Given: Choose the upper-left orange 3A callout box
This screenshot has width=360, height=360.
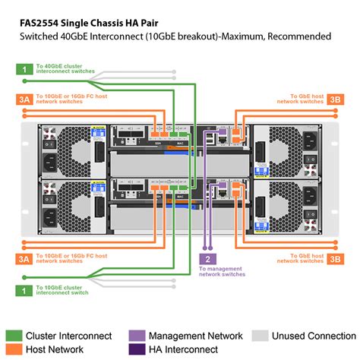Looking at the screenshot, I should (25, 99).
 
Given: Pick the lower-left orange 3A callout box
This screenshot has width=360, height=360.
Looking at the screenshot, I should (25, 260).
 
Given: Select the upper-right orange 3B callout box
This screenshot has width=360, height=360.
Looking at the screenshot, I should (334, 99).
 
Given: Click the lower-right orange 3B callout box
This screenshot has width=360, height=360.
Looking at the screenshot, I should (334, 260).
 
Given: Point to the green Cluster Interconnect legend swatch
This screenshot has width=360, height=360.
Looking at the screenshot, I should (13, 336).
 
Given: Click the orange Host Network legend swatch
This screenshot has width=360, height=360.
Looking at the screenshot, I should (13, 350).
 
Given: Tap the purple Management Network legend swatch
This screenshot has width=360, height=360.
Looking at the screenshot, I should (136, 336).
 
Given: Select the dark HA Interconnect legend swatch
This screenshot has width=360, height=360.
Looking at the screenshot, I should (136, 350).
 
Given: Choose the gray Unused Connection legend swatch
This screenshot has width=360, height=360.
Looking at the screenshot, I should (260, 336).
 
